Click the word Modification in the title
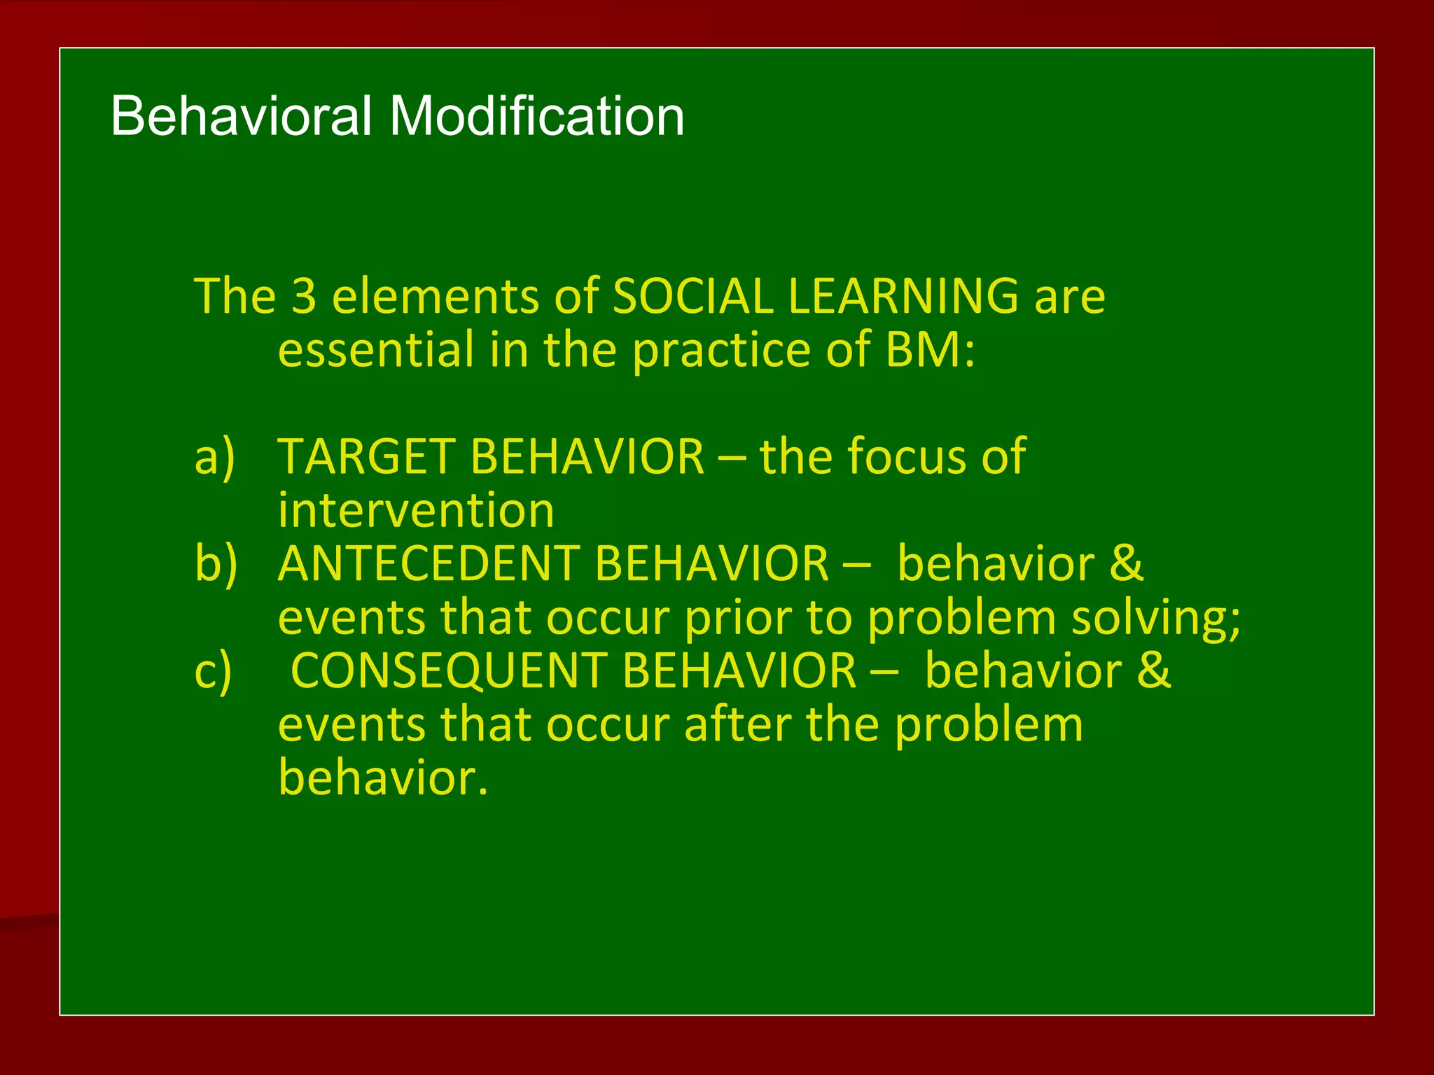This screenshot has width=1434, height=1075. point(536,116)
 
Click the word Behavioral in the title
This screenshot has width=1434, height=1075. point(241,116)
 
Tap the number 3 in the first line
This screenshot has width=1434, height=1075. point(304,296)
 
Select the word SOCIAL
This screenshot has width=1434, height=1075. point(692,296)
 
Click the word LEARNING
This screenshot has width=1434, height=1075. point(903,296)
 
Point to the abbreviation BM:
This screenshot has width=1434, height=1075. point(930,350)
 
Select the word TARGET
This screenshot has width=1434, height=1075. point(366,457)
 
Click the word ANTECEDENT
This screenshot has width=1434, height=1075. point(428,564)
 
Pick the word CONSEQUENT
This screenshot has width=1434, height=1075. point(449,671)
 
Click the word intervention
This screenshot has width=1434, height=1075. point(416,511)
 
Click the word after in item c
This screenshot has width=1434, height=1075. point(738,725)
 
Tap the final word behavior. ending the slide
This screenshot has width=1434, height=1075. point(382,778)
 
